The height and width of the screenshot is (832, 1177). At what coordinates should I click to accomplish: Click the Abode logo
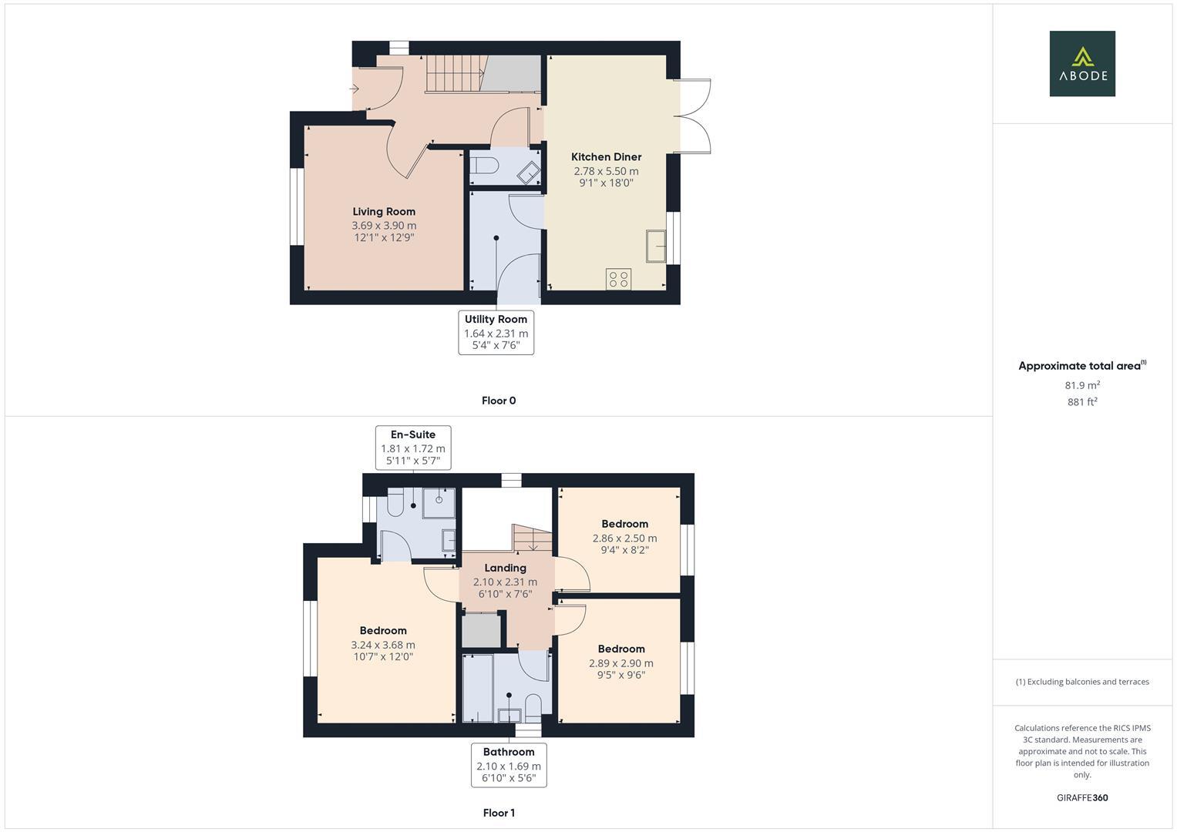[x=1081, y=64]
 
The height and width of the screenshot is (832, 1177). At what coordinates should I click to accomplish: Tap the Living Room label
[x=384, y=212]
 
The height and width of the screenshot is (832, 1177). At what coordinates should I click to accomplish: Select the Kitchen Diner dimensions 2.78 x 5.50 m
[x=606, y=171]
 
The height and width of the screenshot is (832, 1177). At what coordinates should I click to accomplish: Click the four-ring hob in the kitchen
[x=618, y=278]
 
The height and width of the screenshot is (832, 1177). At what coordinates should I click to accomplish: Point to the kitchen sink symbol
[x=656, y=246]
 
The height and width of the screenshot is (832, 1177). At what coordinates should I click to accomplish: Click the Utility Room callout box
[x=496, y=332]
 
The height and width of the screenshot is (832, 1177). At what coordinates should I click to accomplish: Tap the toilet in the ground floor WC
[x=484, y=166]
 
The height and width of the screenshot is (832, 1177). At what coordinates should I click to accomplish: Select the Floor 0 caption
[x=499, y=401]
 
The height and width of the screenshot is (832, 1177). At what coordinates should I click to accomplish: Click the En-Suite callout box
[x=413, y=448]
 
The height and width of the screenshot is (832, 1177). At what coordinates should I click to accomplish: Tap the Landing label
[x=505, y=568]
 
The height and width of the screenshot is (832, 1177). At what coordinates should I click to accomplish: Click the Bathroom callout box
[x=509, y=765]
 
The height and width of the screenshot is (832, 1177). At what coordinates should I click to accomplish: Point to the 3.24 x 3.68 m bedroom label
[x=383, y=645]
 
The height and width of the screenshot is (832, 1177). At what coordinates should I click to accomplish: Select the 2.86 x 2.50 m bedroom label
[x=624, y=538]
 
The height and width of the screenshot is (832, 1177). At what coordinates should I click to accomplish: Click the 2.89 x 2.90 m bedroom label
[x=620, y=663]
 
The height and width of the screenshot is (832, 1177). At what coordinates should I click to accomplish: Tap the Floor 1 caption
[x=499, y=813]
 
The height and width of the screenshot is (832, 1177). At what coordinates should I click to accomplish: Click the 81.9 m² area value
[x=1082, y=385]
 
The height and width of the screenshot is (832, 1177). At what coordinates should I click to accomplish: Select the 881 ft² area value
[x=1082, y=402]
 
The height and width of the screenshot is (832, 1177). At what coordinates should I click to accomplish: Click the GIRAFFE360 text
[x=1082, y=798]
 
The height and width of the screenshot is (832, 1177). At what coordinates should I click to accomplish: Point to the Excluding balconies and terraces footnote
[x=1082, y=682]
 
